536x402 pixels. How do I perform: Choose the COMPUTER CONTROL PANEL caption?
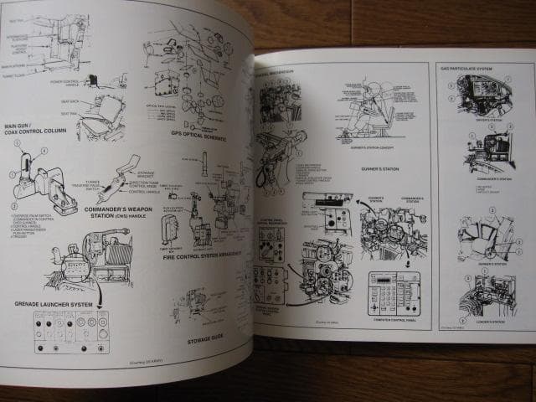coord(394,318)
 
